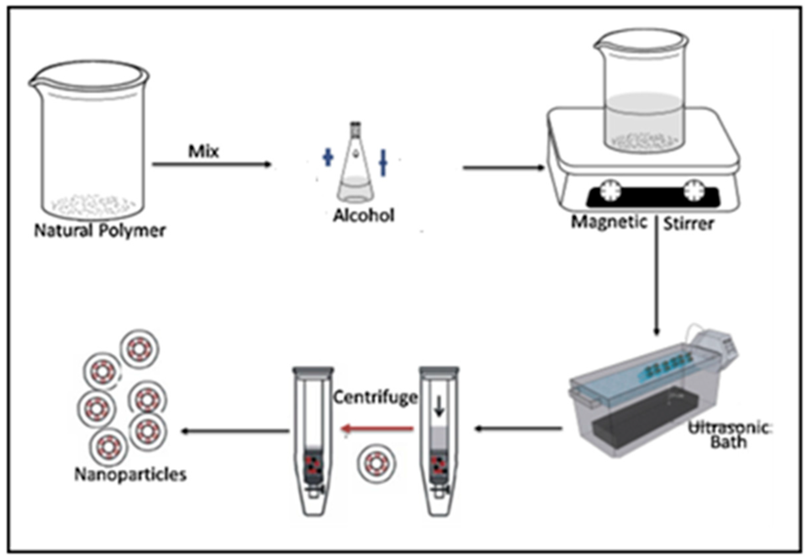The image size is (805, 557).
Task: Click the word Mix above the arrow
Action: [x=204, y=152]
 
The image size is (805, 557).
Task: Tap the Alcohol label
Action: [x=364, y=215]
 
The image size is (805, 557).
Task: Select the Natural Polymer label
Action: [x=100, y=231]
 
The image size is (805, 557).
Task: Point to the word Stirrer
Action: [x=688, y=224]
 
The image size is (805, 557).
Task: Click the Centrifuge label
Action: [x=375, y=397]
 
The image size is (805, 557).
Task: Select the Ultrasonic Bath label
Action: [x=728, y=435]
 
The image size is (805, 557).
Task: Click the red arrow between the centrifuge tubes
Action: [x=377, y=428]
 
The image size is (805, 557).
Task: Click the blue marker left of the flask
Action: [x=328, y=158]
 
